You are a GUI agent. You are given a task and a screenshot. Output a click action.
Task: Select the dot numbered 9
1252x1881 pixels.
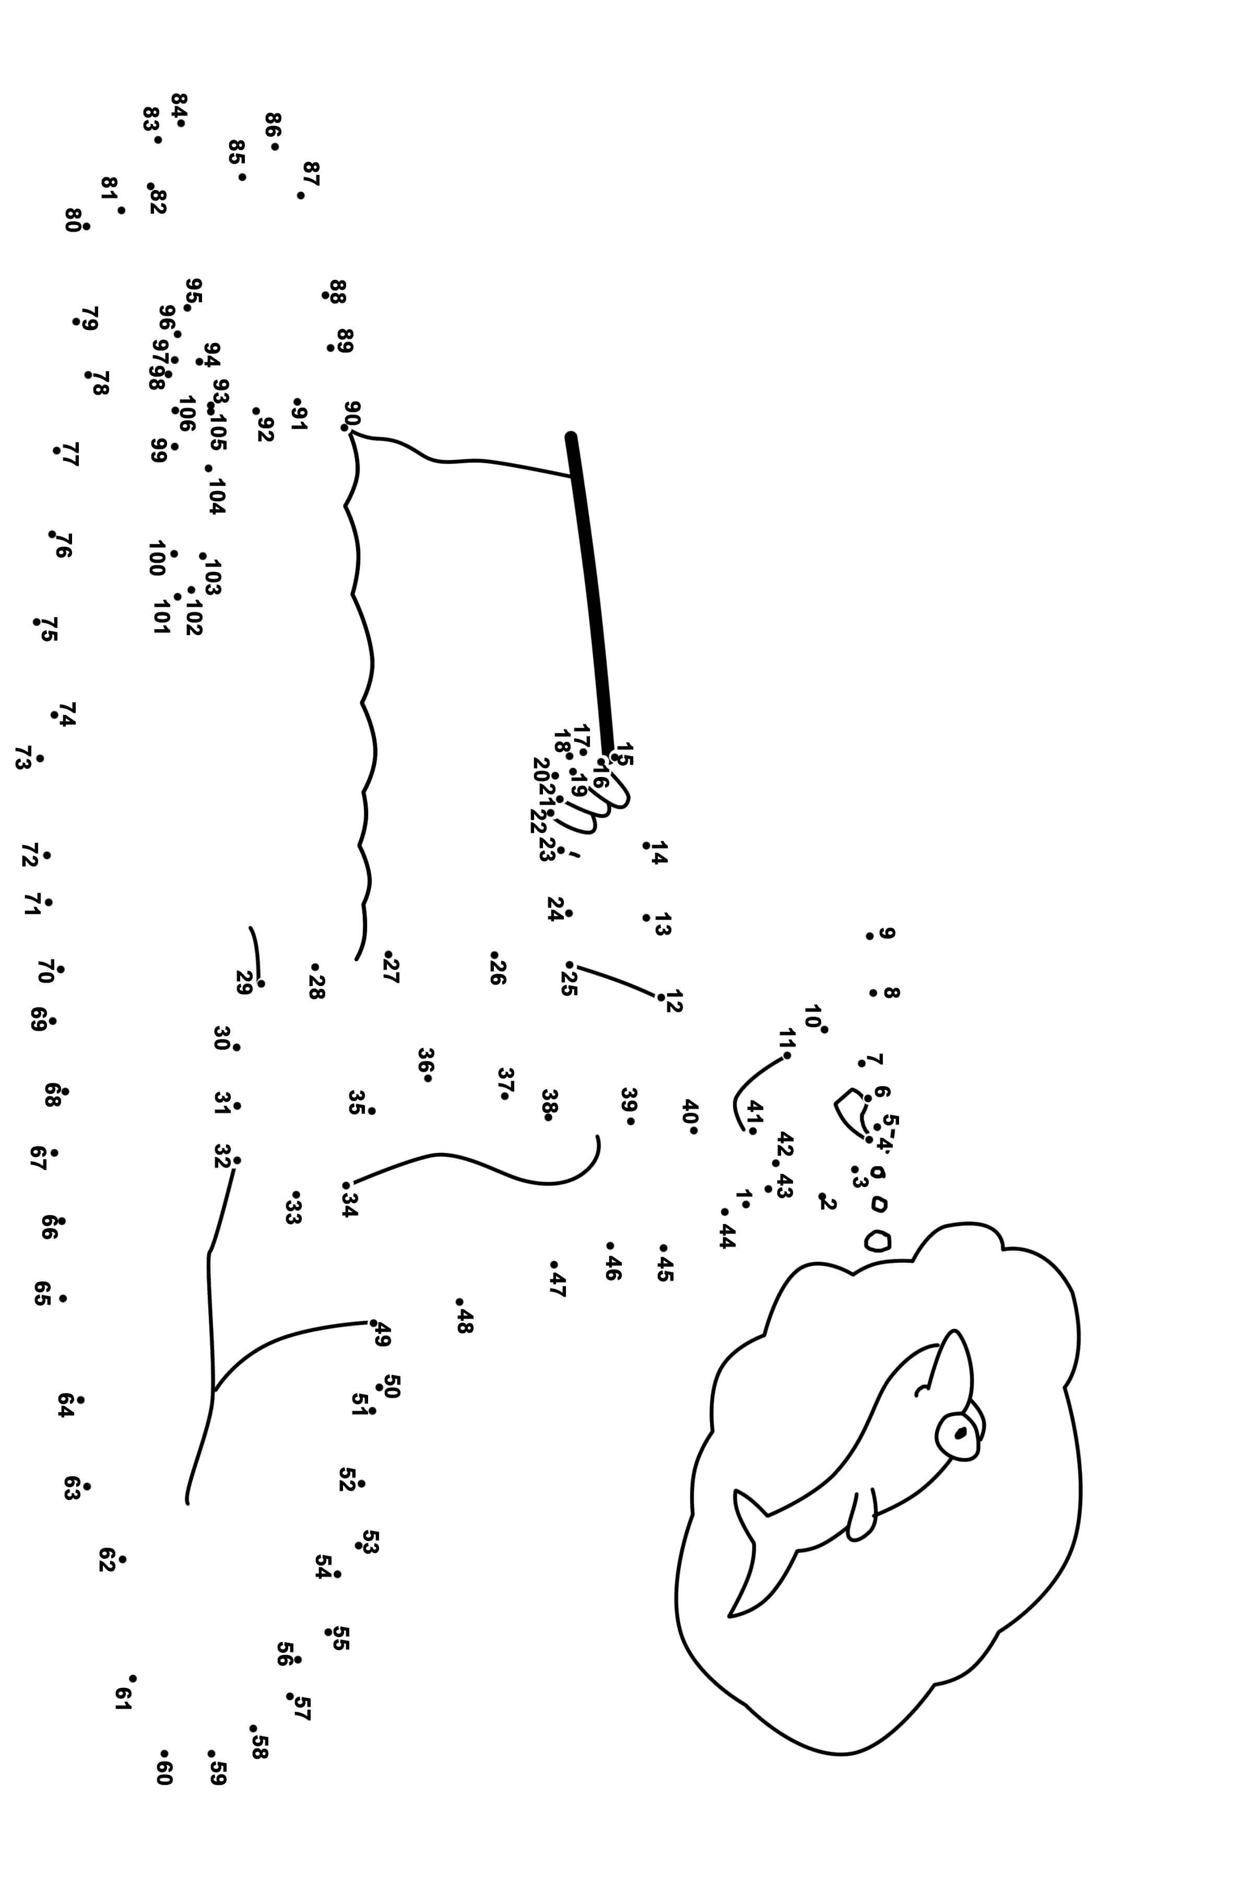[869, 936]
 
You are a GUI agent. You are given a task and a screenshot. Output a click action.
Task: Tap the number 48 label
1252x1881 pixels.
[465, 1321]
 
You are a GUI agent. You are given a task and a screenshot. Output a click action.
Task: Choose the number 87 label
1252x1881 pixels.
[311, 173]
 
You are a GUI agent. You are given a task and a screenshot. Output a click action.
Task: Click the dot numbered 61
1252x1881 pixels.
[133, 1678]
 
